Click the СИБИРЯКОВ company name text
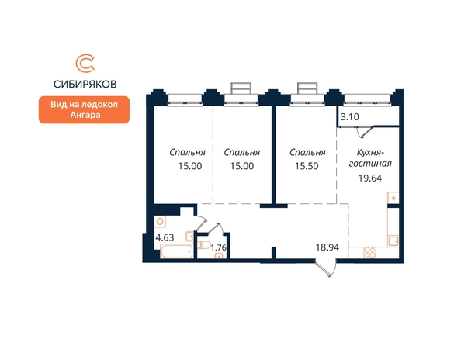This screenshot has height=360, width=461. [85, 85]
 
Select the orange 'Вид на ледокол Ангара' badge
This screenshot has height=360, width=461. [84, 109]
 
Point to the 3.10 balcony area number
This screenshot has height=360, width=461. [349, 117]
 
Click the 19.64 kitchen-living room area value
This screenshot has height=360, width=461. [370, 178]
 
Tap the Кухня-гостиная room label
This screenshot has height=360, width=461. [370, 157]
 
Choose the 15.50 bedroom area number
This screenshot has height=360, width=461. [307, 166]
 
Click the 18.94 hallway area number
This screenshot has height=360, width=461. [328, 247]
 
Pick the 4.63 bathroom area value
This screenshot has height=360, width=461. [165, 237]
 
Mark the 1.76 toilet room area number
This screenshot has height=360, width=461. [218, 247]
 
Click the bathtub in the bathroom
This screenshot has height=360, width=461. [176, 251]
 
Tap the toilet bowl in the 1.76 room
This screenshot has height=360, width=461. [203, 245]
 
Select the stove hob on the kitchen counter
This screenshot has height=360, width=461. [370, 253]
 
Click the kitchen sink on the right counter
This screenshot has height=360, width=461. [393, 241]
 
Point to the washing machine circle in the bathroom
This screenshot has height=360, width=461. [160, 222]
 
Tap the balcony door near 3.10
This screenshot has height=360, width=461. [365, 132]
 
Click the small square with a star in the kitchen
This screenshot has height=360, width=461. [393, 198]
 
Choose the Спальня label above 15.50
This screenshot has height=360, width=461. [307, 153]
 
